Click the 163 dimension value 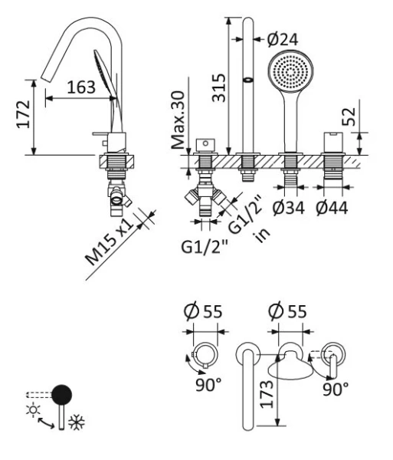(80, 87)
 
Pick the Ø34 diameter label (290, 208)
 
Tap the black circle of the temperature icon (61, 395)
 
